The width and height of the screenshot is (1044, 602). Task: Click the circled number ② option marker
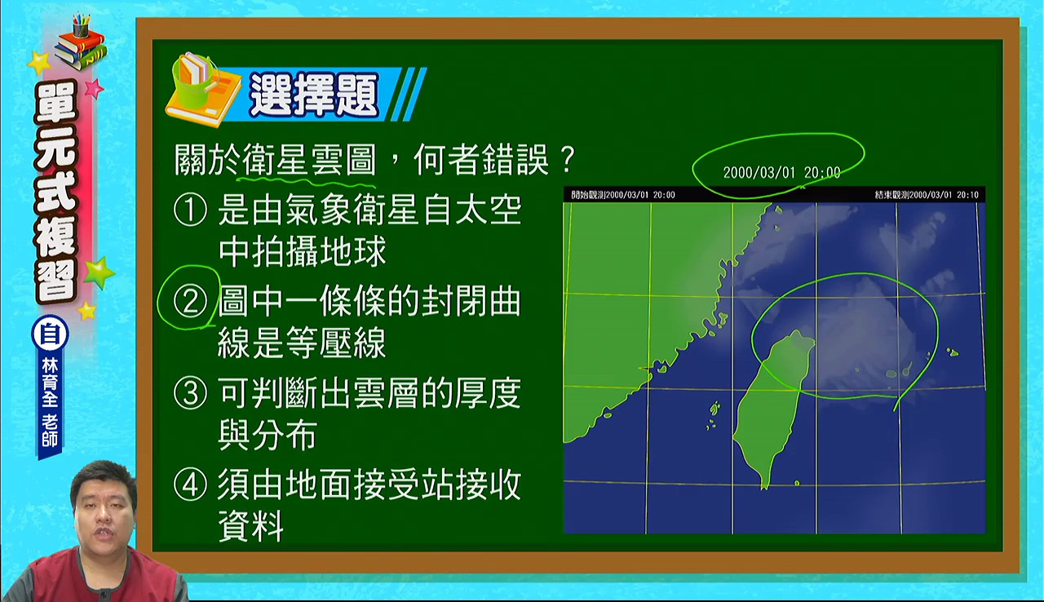[x=190, y=302]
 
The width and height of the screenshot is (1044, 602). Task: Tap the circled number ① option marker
[x=190, y=210]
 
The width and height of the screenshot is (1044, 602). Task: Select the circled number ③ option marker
[x=190, y=393]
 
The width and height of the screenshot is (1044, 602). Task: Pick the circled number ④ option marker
[x=190, y=485]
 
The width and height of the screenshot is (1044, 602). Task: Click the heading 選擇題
[x=314, y=95]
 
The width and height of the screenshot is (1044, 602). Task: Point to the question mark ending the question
[x=566, y=160]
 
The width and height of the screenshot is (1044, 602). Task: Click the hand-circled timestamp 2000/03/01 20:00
[x=781, y=173]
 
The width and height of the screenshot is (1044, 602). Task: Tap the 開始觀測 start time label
[x=622, y=195]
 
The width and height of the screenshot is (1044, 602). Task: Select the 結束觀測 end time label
[x=927, y=195]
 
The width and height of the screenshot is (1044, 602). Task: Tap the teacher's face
[x=104, y=509]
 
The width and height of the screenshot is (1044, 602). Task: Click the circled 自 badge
[x=50, y=334]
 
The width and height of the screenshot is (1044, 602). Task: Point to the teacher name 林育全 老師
[x=50, y=403]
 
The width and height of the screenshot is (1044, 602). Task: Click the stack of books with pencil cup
[x=80, y=43]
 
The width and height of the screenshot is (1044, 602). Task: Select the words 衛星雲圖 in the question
[x=309, y=160]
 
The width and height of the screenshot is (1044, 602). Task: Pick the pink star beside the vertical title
[x=94, y=88]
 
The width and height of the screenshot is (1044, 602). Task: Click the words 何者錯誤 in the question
[x=481, y=160]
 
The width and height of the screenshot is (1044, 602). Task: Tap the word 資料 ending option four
[x=250, y=525]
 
